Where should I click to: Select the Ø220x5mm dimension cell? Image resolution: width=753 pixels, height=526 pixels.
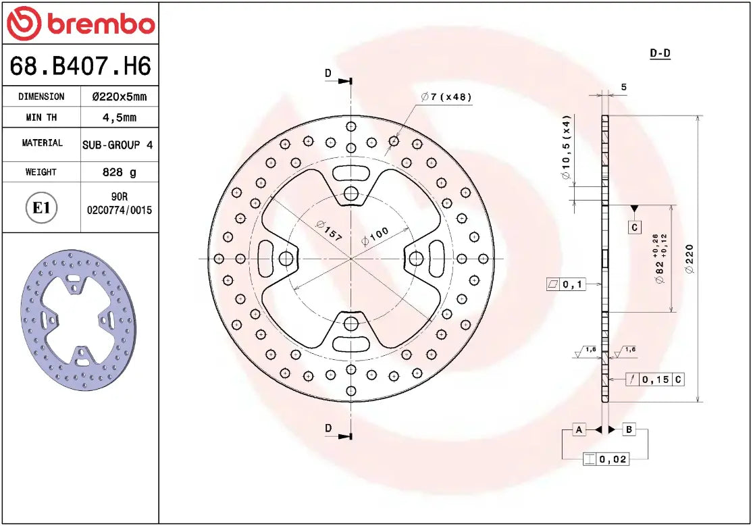[119, 97]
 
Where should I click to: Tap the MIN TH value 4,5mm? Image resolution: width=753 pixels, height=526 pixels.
[119, 117]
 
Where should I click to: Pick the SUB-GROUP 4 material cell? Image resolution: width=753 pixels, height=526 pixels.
[118, 144]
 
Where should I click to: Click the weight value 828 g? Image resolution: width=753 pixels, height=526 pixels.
[119, 172]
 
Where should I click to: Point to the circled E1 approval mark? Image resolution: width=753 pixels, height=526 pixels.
[42, 207]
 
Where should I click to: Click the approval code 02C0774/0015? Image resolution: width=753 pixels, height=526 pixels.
[120, 210]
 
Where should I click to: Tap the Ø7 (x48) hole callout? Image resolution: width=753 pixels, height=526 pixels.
[446, 97]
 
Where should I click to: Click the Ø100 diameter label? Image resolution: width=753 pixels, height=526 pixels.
[375, 236]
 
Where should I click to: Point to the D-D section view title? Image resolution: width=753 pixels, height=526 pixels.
[659, 53]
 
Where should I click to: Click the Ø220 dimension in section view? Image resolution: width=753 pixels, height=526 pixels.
[690, 259]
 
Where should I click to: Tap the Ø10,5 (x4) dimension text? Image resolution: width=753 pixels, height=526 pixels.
[566, 147]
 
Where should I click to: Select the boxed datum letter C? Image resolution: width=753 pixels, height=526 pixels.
[634, 228]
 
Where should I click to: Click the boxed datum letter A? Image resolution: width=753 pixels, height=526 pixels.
[579, 429]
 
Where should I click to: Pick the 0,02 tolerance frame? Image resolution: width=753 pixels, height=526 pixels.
[606, 459]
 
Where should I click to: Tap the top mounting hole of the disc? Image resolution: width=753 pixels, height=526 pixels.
[350, 194]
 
